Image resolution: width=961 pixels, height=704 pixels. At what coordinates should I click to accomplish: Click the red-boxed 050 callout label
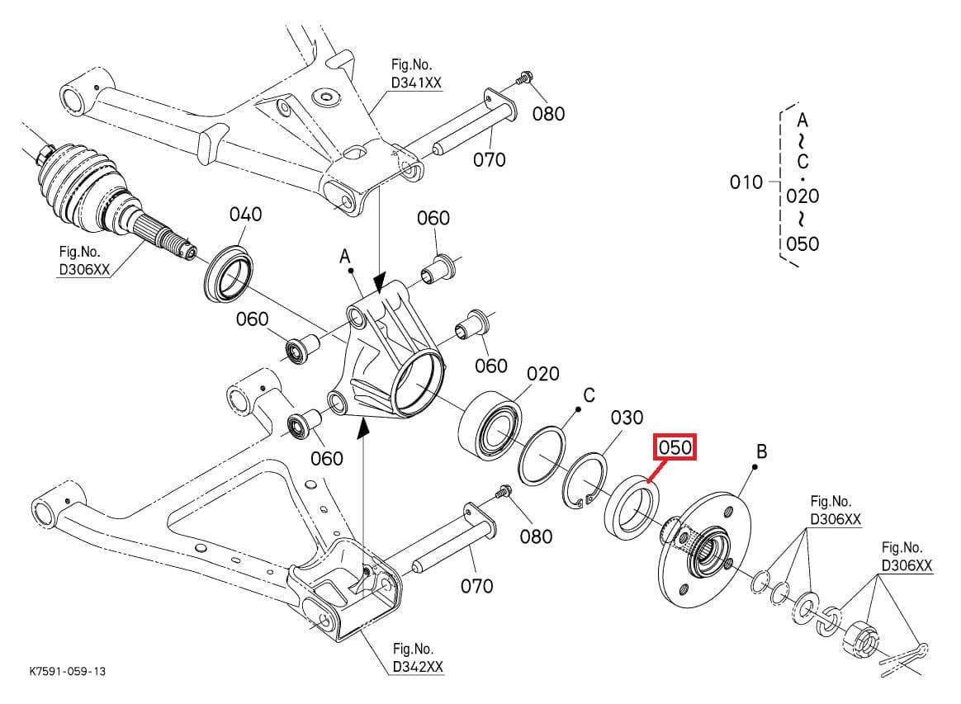click(675, 448)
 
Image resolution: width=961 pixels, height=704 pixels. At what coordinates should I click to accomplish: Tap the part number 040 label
click(245, 215)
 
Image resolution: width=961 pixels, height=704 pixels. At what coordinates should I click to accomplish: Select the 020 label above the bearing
click(542, 375)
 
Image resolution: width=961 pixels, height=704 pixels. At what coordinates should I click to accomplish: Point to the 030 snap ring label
click(627, 418)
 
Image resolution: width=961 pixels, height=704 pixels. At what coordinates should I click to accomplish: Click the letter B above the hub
click(761, 451)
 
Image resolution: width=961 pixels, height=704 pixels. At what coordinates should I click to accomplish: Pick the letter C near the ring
click(589, 396)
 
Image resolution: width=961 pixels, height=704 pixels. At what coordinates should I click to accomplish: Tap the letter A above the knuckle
click(346, 258)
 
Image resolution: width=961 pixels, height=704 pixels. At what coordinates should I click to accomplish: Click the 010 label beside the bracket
click(746, 182)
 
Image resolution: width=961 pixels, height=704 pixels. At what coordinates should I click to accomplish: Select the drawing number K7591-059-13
click(67, 672)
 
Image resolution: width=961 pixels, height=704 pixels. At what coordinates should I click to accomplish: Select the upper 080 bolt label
click(548, 114)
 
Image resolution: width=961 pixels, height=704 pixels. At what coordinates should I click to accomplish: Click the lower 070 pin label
click(476, 586)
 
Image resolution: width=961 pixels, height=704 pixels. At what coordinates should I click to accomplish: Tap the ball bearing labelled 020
click(490, 423)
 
